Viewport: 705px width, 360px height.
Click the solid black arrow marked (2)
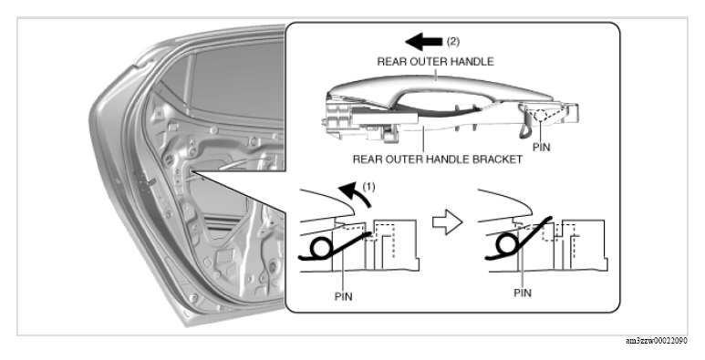pyautogui.click(x=423, y=42)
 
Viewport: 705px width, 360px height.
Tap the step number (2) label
pyautogui.click(x=453, y=41)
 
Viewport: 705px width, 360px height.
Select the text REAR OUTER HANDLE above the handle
pyautogui.click(x=435, y=62)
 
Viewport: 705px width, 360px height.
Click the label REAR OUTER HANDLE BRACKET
pyautogui.click(x=438, y=159)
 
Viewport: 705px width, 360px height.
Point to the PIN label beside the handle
pyautogui.click(x=542, y=147)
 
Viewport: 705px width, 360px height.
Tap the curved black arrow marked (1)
pyautogui.click(x=356, y=194)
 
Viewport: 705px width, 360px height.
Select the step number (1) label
pyautogui.click(x=368, y=187)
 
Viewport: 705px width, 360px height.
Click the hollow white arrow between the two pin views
pyautogui.click(x=448, y=222)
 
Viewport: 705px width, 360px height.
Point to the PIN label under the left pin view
pyautogui.click(x=344, y=296)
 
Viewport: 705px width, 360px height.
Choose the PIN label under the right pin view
pyautogui.click(x=523, y=293)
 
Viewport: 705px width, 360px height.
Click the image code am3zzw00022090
pyautogui.click(x=657, y=341)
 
